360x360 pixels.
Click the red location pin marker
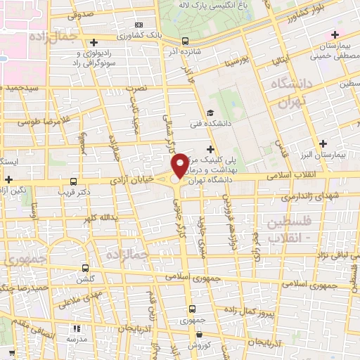[180, 165]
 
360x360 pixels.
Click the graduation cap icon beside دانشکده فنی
[210, 112]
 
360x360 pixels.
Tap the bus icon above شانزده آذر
[185, 41]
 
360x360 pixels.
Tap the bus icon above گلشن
[85, 268]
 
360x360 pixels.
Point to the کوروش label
[198, 345]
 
